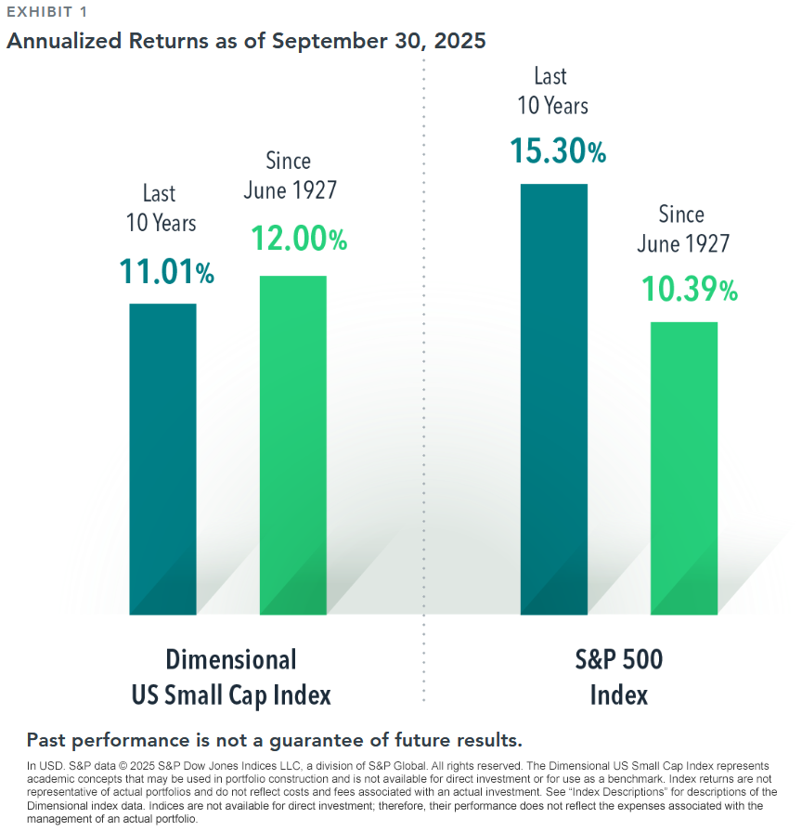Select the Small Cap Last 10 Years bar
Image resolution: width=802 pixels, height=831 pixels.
(x=162, y=459)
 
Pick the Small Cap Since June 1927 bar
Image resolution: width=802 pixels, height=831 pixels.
(x=292, y=445)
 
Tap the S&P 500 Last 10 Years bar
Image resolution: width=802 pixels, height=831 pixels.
(x=554, y=399)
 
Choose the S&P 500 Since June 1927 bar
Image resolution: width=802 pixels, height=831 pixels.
(x=684, y=468)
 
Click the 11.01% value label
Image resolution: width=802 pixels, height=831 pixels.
(x=166, y=271)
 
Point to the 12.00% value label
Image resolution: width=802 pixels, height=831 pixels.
(x=299, y=239)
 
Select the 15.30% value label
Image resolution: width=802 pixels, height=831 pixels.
(x=558, y=149)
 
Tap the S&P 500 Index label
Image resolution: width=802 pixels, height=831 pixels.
(x=619, y=677)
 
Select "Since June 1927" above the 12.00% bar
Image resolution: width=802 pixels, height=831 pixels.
(x=290, y=175)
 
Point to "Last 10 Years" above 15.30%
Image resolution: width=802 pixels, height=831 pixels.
(x=552, y=91)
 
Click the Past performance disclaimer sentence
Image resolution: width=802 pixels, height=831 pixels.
(x=275, y=740)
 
